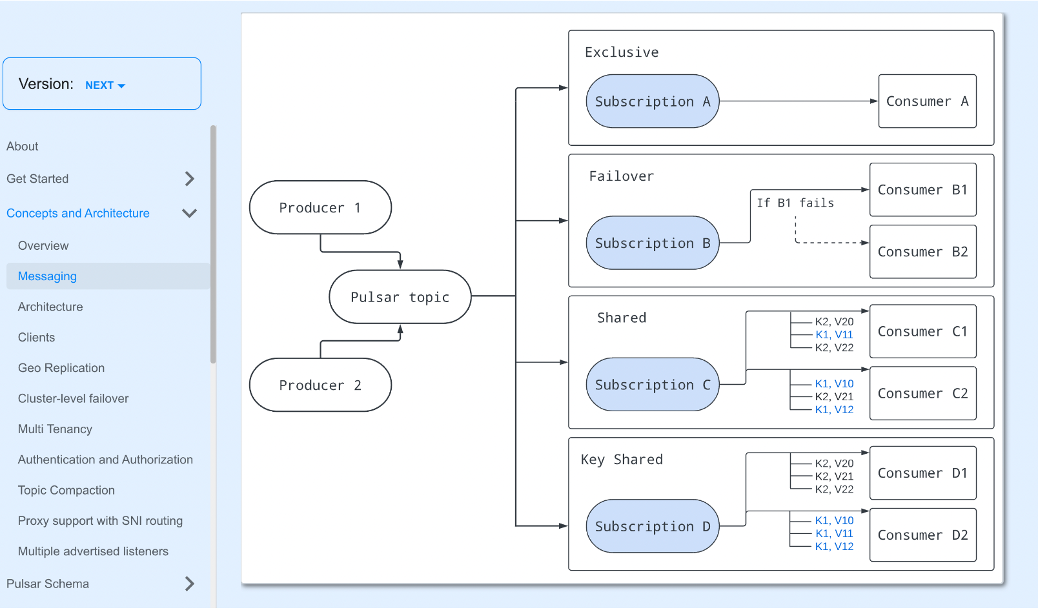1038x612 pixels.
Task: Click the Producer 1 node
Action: point(320,207)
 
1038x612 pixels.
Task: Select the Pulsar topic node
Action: point(400,297)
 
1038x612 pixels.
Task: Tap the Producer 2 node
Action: point(320,385)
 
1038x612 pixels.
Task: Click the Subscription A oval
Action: point(652,101)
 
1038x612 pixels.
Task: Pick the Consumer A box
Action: point(927,101)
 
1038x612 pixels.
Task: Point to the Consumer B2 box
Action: point(922,252)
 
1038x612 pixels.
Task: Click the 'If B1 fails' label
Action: point(795,203)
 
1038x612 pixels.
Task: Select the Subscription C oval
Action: point(652,385)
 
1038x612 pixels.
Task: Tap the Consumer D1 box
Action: point(922,473)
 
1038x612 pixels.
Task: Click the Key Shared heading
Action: point(622,459)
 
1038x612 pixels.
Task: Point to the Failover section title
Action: point(621,176)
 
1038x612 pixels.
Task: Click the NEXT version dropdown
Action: point(105,85)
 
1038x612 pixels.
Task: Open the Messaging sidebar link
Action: point(47,276)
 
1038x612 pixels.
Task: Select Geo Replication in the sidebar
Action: point(61,368)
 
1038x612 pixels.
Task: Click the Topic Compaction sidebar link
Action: point(66,490)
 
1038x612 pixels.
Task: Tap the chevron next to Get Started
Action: point(189,179)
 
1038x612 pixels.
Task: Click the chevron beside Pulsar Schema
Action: point(189,584)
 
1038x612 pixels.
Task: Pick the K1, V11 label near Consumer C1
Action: point(834,334)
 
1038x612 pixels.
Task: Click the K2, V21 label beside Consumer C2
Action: point(834,396)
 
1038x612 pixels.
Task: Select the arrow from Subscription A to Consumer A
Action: point(799,101)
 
